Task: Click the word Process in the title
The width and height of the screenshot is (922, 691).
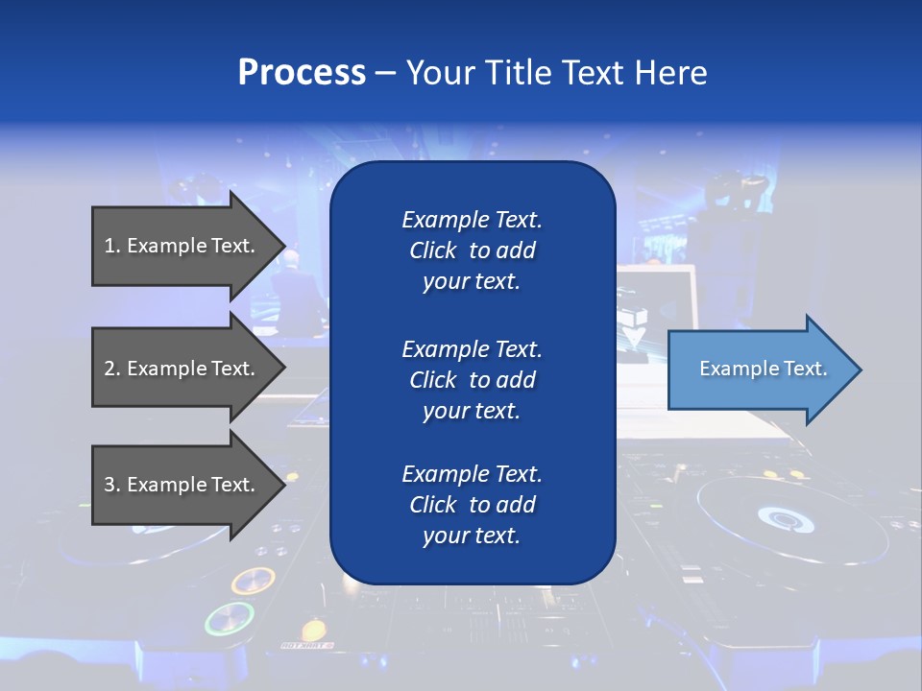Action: point(302,73)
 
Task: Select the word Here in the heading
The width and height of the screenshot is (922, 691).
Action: point(671,73)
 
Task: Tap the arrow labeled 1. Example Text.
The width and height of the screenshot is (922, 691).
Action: point(182,246)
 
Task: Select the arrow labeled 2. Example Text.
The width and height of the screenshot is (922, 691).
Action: point(182,369)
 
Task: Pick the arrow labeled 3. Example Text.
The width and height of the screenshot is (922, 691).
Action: point(182,485)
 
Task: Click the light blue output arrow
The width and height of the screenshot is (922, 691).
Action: point(759,369)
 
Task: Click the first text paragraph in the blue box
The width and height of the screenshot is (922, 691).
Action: point(472,250)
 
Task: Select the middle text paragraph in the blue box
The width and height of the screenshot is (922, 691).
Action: point(472,380)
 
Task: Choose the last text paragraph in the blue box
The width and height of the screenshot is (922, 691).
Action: point(472,505)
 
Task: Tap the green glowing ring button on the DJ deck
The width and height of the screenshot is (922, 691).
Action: point(230,619)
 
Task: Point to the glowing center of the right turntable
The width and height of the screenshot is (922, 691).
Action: point(786,519)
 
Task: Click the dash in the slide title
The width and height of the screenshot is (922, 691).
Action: point(385,73)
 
